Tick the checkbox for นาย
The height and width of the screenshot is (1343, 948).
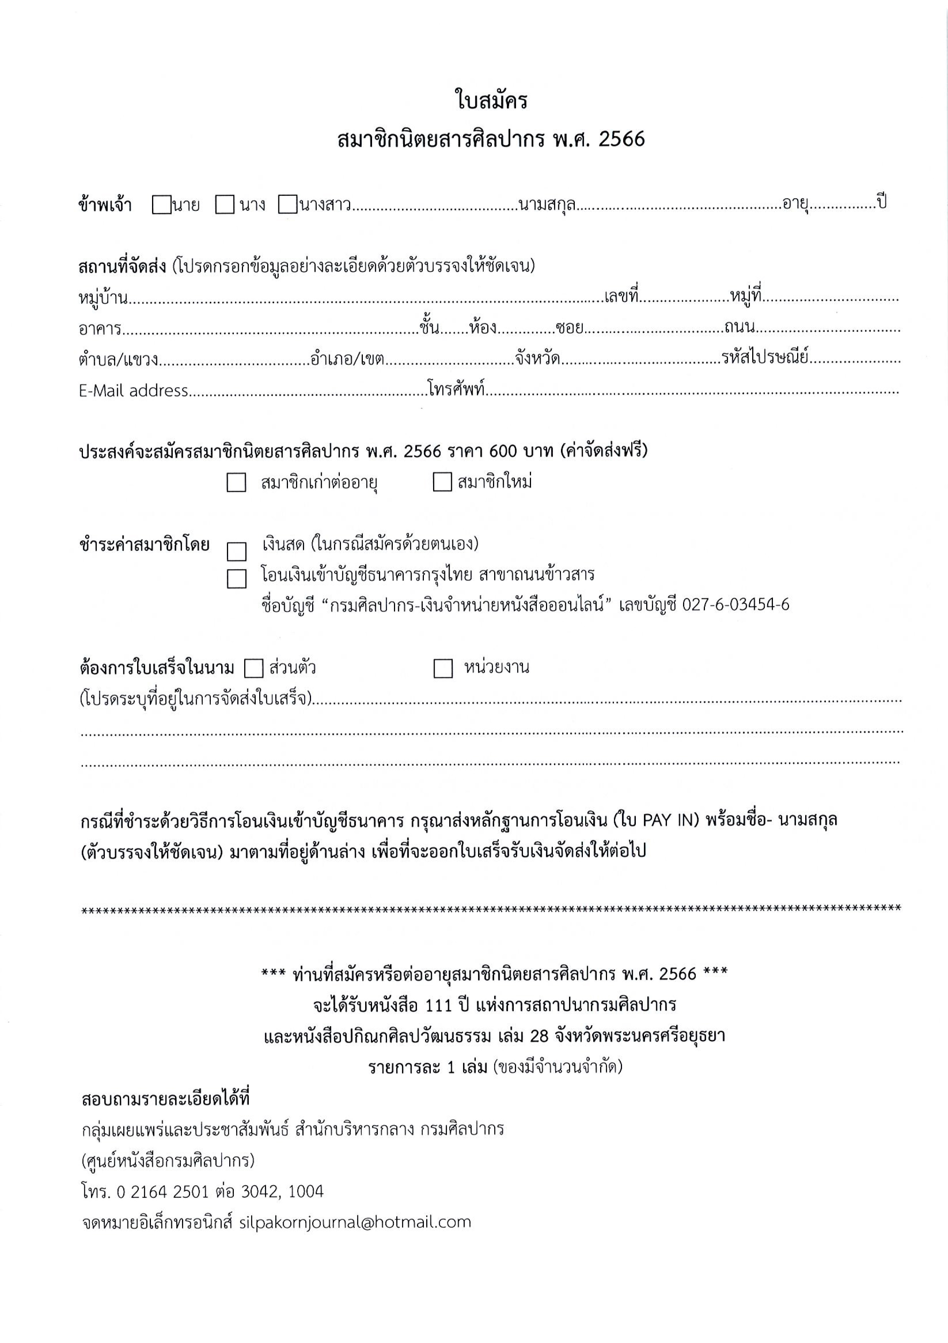[161, 205]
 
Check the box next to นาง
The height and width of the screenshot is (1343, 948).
[225, 205]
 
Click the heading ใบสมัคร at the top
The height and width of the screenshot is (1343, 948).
[491, 101]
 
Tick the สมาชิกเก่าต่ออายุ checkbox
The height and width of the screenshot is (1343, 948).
[236, 483]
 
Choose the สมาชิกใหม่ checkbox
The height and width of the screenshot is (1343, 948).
[442, 483]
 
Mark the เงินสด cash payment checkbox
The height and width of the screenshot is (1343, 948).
[236, 551]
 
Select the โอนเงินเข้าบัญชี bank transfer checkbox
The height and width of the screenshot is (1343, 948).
[236, 578]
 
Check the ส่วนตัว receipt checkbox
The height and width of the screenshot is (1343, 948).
[254, 668]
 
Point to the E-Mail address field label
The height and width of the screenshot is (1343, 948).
[133, 391]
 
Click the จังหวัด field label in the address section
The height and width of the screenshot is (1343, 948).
[538, 358]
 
